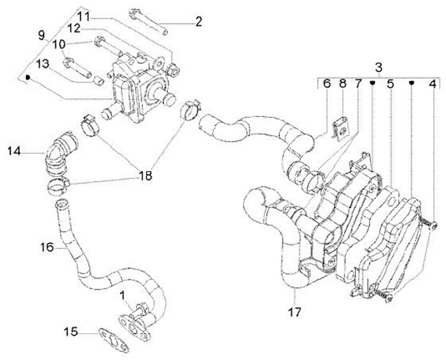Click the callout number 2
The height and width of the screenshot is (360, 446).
click(x=198, y=22)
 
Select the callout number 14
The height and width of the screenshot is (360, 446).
click(x=14, y=151)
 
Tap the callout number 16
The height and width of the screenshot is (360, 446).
click(x=47, y=247)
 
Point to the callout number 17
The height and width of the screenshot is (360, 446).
click(x=294, y=312)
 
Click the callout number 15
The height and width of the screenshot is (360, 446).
click(x=71, y=331)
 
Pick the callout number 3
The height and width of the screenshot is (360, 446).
click(x=378, y=68)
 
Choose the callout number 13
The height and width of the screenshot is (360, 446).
click(x=43, y=64)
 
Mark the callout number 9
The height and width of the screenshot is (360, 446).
click(x=42, y=35)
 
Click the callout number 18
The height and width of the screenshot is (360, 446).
click(x=145, y=175)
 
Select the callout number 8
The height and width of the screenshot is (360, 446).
click(x=343, y=84)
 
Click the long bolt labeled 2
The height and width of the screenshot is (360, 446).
click(x=149, y=22)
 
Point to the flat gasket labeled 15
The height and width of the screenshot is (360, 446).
click(x=114, y=340)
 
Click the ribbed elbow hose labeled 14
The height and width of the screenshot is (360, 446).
click(x=59, y=154)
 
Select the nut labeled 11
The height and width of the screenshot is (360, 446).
click(x=173, y=70)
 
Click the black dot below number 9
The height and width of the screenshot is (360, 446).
click(x=28, y=77)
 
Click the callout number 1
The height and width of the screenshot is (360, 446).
click(x=122, y=296)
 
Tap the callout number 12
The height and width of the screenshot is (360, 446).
click(x=74, y=29)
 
